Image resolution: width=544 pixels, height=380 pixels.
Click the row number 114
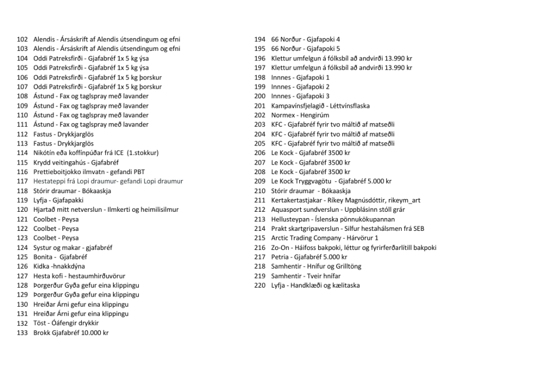pos(22,153)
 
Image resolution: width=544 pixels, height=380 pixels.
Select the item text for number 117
pos(108,182)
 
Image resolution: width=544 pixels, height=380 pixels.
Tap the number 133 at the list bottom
pos(22,333)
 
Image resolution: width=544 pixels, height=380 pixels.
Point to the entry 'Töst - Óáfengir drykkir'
pos(66,323)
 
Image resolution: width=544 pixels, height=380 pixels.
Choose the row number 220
pos(260,286)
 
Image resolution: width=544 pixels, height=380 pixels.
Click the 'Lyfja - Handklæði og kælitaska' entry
pos(315,286)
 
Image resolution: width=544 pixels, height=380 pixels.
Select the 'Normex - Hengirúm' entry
pos(300,115)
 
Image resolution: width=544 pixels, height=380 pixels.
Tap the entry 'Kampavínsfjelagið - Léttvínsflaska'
pos(320,106)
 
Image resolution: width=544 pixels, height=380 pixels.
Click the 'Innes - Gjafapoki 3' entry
pos(300,96)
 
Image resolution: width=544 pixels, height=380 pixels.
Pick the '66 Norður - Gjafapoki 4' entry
pos(305,39)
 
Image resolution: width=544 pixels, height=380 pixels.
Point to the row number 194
pos(260,39)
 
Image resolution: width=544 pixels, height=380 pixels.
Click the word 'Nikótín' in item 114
pos(44,153)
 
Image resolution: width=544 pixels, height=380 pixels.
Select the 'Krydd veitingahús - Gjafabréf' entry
pos(76,162)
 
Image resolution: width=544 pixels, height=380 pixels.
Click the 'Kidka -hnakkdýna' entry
pos(59,266)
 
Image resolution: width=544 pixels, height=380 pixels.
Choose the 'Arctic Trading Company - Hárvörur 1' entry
pos(325,238)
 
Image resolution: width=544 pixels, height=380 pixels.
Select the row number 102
pos(22,39)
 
